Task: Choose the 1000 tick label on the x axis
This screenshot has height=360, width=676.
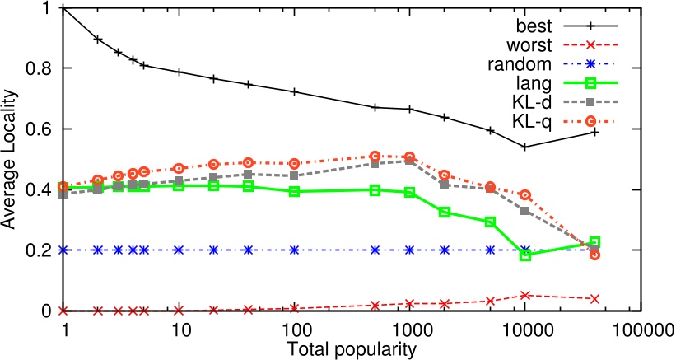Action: click(409, 330)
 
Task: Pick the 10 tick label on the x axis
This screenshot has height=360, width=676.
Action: click(180, 330)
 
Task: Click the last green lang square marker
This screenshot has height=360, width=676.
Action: click(594, 242)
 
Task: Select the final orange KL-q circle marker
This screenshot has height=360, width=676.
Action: click(594, 255)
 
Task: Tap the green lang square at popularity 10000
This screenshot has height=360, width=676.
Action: click(525, 255)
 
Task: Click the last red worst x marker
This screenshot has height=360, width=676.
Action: click(594, 298)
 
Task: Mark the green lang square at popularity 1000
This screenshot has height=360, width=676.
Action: click(409, 192)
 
